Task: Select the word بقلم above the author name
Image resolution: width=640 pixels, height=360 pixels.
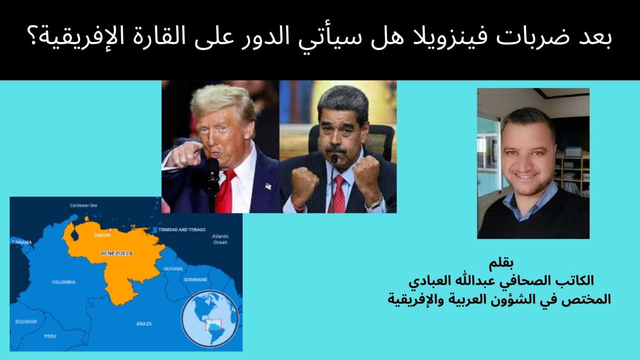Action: (501, 263)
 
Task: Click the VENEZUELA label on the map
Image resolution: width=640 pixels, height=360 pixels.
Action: (117, 254)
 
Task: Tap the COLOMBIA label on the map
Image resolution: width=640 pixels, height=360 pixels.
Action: (64, 282)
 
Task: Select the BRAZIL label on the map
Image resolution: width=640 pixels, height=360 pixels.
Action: (144, 324)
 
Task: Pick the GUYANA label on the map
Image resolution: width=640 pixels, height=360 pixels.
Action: (173, 269)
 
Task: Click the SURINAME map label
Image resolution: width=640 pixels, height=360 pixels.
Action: (196, 280)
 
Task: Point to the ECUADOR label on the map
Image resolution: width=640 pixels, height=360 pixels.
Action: (26, 322)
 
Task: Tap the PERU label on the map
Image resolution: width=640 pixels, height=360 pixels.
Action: (50, 336)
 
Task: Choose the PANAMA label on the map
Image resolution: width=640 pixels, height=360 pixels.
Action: (22, 242)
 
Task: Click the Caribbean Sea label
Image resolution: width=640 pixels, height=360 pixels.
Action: (83, 206)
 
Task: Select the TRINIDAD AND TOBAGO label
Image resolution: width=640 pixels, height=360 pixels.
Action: (182, 230)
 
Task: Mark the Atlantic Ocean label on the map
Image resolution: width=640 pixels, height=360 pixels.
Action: (220, 239)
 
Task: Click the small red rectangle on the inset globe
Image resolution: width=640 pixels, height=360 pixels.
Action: (214, 324)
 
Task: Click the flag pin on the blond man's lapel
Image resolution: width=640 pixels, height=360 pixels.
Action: (268, 186)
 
